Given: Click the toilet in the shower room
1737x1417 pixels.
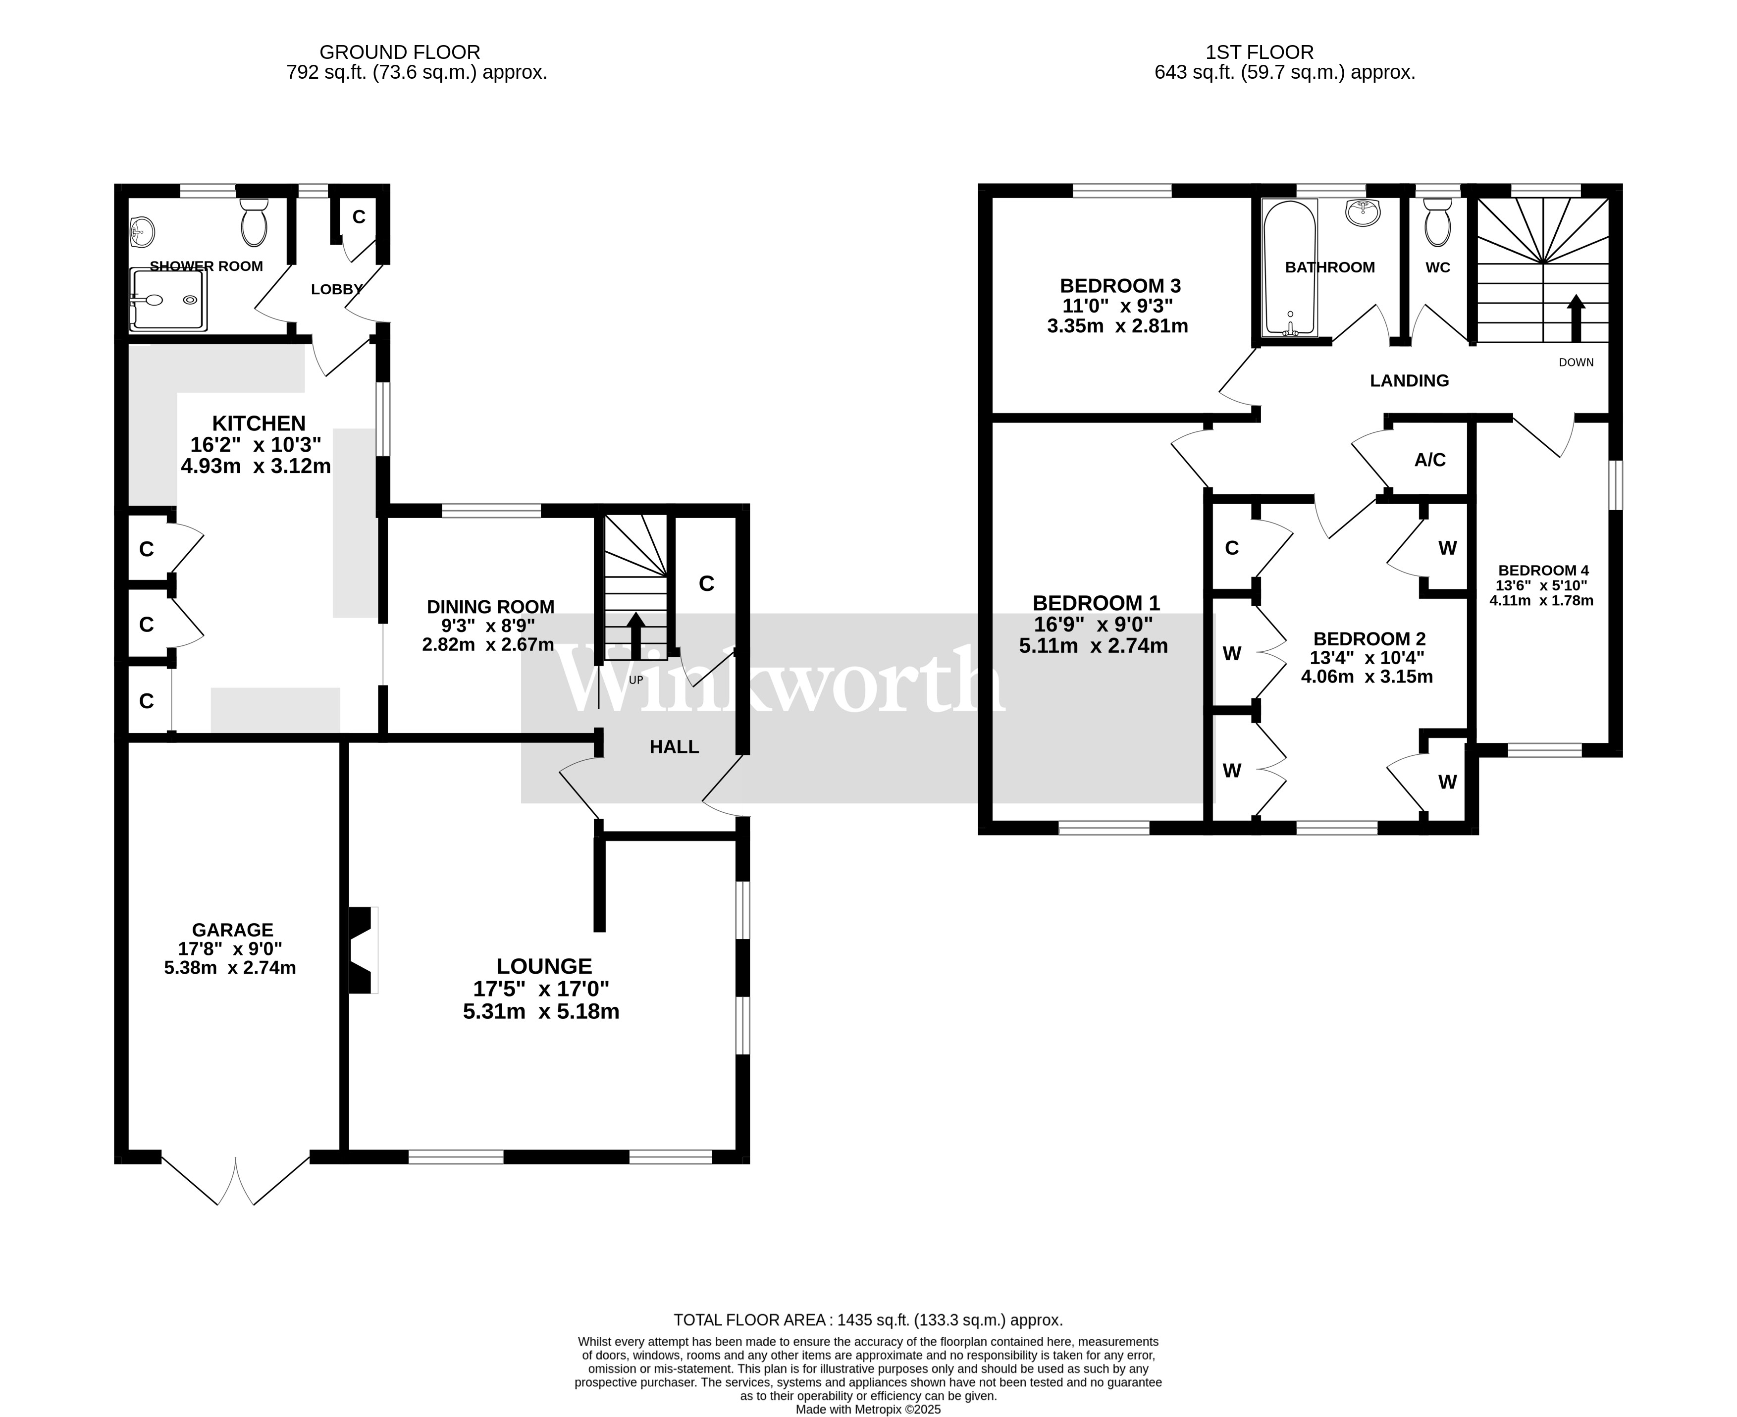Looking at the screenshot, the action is [254, 221].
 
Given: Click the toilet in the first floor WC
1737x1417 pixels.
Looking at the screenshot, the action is [1437, 222].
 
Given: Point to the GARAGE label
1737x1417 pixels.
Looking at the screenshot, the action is [233, 930].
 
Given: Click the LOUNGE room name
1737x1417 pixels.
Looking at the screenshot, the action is [544, 966].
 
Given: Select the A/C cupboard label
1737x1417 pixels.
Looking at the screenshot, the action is [1430, 460].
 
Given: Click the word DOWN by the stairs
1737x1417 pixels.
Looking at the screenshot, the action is [1576, 363].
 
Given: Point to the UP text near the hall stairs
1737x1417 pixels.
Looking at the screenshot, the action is [636, 680].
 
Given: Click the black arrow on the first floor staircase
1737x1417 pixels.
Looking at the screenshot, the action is [1576, 318].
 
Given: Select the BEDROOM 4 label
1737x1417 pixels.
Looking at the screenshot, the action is [1543, 571].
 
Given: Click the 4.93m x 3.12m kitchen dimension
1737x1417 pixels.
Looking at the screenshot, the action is [256, 466].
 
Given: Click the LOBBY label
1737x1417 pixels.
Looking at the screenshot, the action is [336, 289].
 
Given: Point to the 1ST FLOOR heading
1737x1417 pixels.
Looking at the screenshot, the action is [1260, 52].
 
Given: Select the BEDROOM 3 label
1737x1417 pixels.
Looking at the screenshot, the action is [1120, 286].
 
